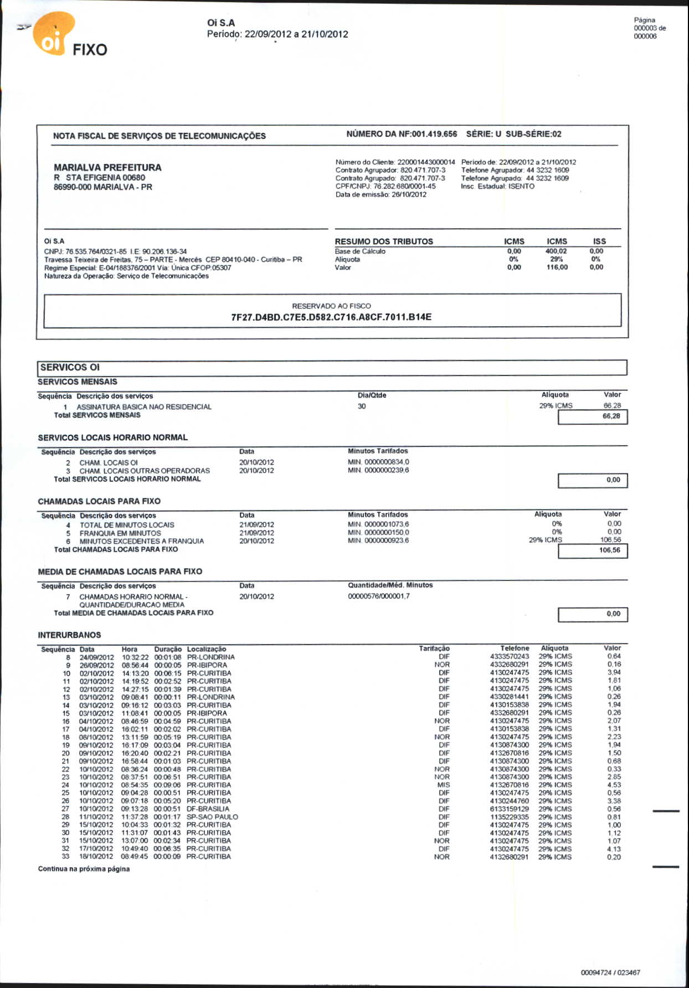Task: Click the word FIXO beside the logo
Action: pos(90,50)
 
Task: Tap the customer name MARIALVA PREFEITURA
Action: pos(107,167)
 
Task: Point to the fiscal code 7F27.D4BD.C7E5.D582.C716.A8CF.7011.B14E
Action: pos(331,317)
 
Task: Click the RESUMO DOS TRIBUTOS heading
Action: pos(384,241)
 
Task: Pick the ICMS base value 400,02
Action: pos(556,251)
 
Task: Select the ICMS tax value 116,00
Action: pos(557,267)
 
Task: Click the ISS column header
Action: pos(599,241)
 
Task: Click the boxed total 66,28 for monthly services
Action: pos(611,416)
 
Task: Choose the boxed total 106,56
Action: pos(609,550)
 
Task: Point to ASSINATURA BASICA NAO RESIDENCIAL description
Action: pos(144,406)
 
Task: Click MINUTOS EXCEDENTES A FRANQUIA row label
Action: pos(142,541)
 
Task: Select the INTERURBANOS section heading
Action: pos(69,635)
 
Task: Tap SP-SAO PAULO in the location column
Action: pos(212,817)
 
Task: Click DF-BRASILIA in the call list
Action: pos(208,809)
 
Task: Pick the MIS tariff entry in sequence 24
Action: pos(443,785)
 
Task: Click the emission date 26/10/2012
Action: pos(409,194)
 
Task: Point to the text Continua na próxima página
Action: pos(84,869)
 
